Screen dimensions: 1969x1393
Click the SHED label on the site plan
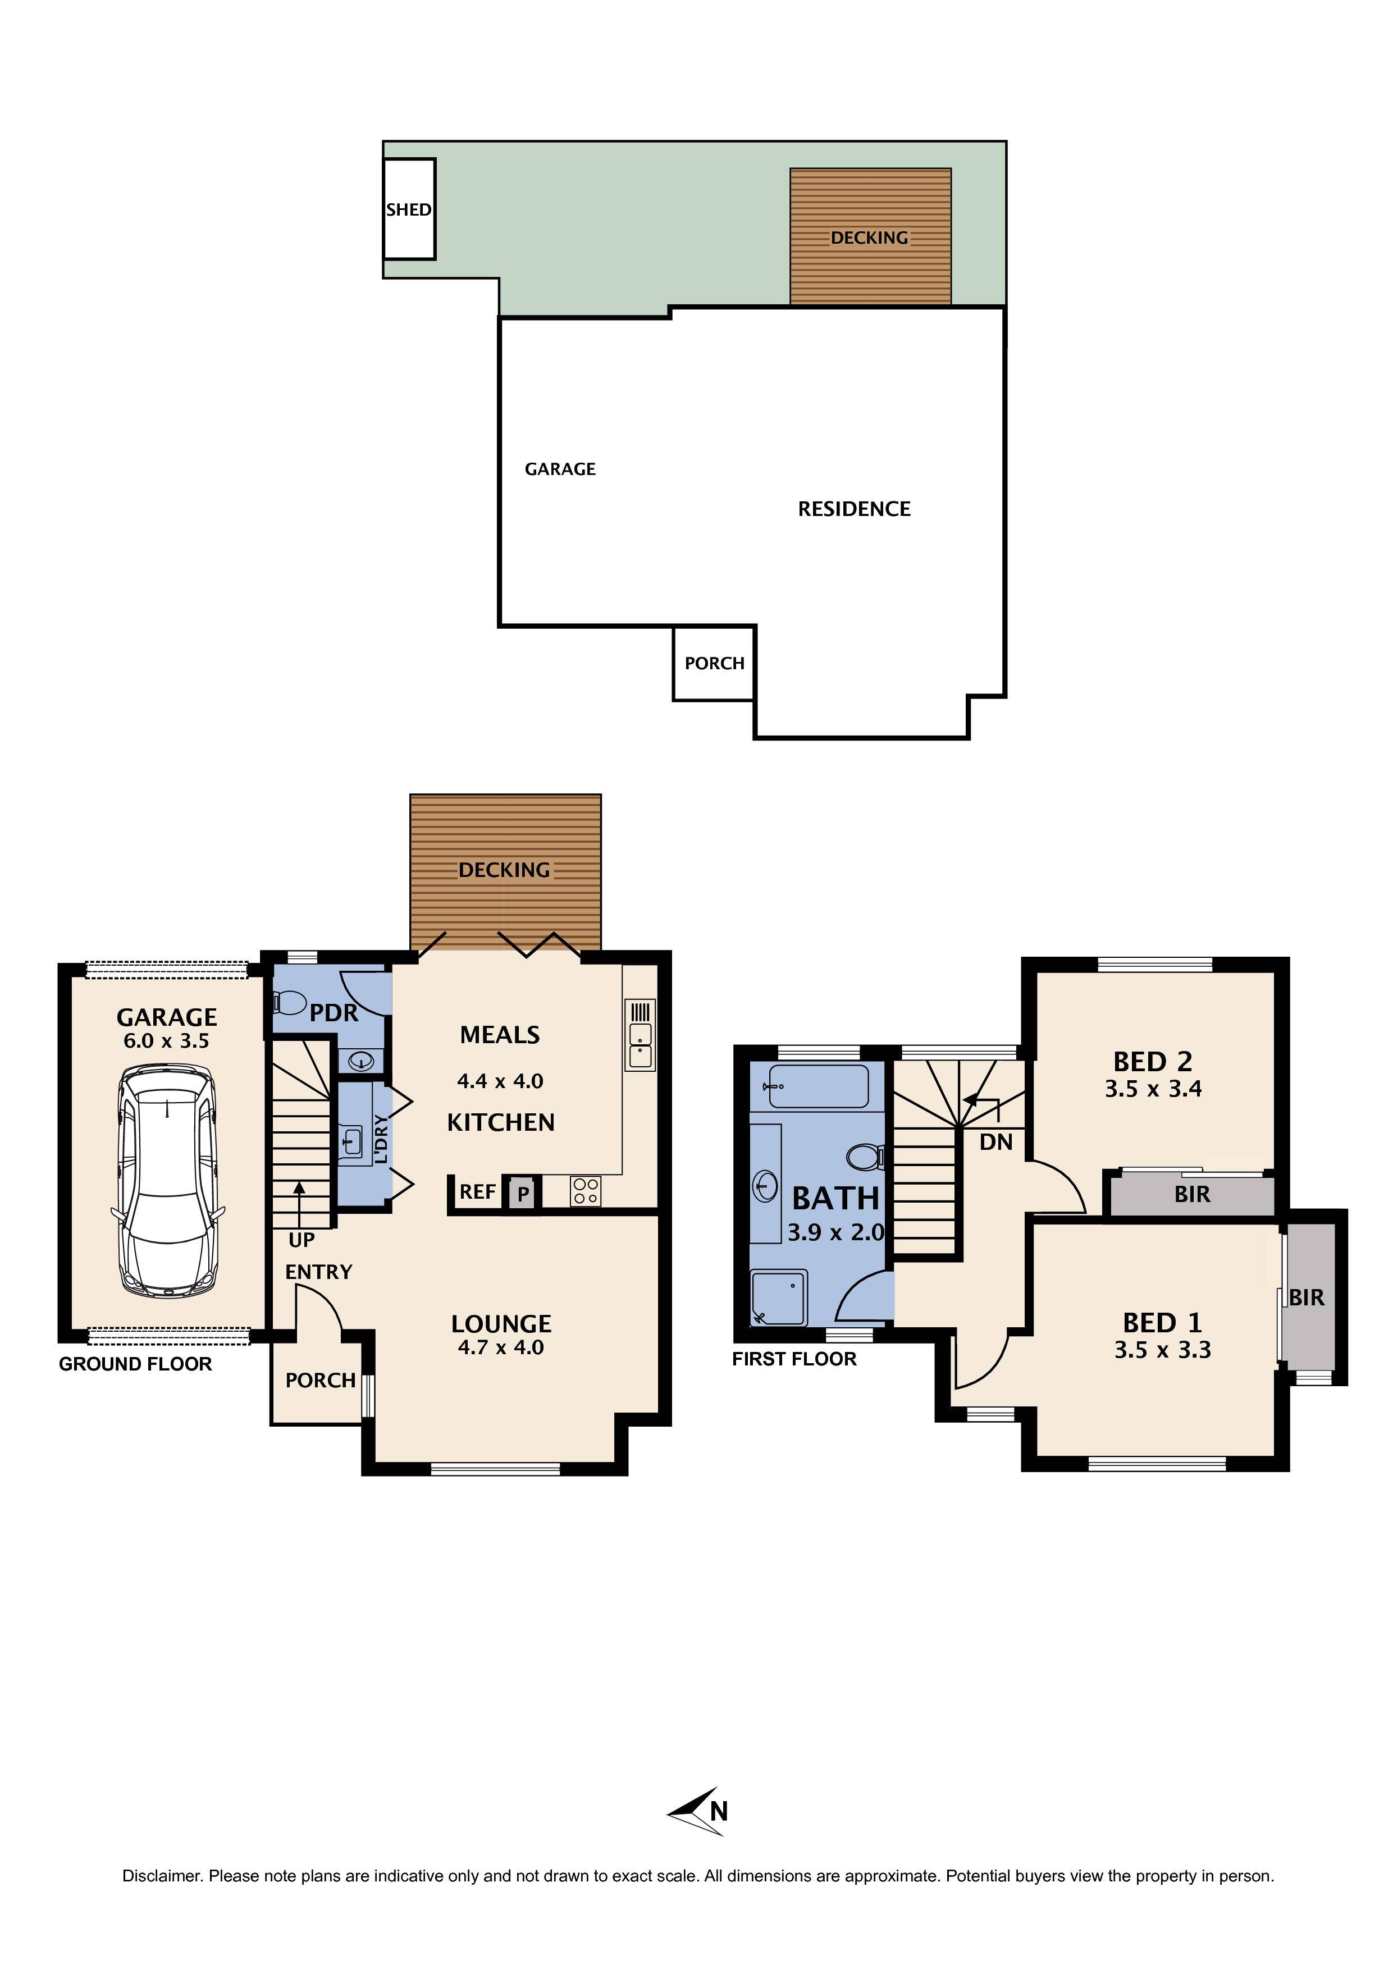point(408,209)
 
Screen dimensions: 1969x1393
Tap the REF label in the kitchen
point(477,1192)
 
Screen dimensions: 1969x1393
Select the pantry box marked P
point(522,1194)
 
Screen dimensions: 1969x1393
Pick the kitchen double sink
point(640,1045)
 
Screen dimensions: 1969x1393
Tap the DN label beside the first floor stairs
point(996,1143)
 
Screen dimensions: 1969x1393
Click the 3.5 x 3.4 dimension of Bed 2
point(1153,1089)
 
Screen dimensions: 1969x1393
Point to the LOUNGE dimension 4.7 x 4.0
point(501,1347)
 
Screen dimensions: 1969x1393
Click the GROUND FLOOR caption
point(135,1364)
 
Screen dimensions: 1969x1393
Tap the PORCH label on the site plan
point(714,663)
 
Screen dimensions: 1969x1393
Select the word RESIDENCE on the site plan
point(853,509)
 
